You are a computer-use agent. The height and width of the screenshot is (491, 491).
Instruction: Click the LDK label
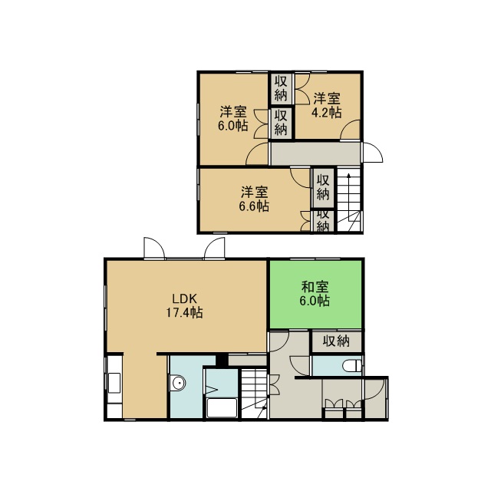pyautogui.click(x=185, y=298)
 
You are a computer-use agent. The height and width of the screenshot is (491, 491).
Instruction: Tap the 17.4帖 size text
pyautogui.click(x=184, y=312)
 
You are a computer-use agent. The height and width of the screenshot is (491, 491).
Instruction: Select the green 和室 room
pyautogui.click(x=315, y=294)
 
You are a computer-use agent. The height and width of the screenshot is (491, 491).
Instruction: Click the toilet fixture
pyautogui.click(x=352, y=366)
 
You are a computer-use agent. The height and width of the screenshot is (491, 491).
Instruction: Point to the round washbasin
pyautogui.click(x=179, y=383)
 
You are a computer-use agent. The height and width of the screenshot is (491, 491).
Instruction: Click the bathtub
pyautogui.click(x=222, y=407)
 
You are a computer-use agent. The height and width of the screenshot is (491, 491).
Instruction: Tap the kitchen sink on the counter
pyautogui.click(x=114, y=383)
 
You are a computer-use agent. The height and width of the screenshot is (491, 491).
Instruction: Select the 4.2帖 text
pyautogui.click(x=326, y=113)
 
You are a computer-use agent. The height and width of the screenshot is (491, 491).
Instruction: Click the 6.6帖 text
pyautogui.click(x=254, y=206)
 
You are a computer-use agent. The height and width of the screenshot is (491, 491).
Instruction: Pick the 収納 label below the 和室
pyautogui.click(x=336, y=341)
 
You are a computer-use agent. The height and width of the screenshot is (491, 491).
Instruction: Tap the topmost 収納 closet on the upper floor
pyautogui.click(x=282, y=89)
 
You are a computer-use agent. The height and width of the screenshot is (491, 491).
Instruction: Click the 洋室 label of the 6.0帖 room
pyautogui.click(x=233, y=112)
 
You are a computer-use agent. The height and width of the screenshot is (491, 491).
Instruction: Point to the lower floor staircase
pyautogui.click(x=254, y=394)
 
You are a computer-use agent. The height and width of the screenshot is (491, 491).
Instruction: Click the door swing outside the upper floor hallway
pyautogui.click(x=373, y=153)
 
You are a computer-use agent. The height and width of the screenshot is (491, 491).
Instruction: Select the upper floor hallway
pyautogui.click(x=315, y=153)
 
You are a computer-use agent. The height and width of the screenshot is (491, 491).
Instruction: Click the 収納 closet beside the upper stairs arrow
pyautogui.click(x=323, y=188)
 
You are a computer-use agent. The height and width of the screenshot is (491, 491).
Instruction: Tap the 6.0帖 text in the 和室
pyautogui.click(x=315, y=301)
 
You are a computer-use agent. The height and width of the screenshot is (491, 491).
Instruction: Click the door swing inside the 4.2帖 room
pyautogui.click(x=350, y=129)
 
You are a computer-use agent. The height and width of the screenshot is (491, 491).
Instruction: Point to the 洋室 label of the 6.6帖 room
pyautogui.click(x=255, y=193)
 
